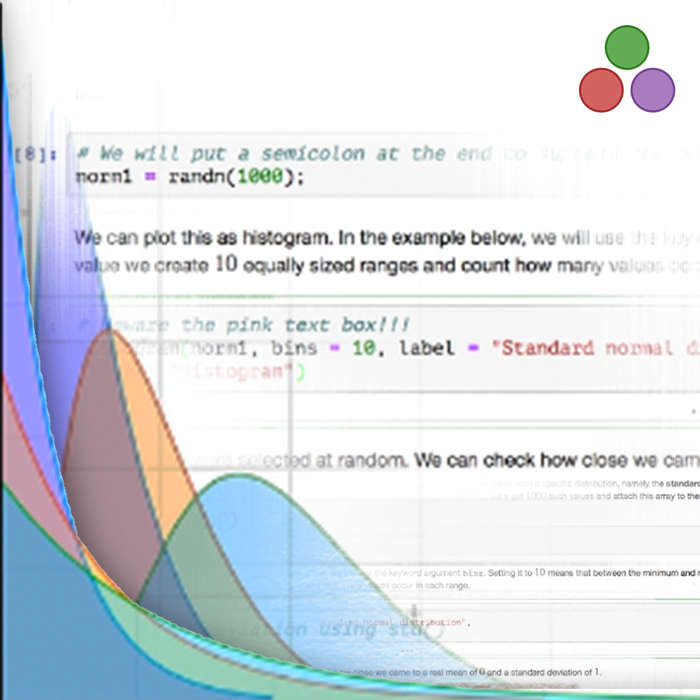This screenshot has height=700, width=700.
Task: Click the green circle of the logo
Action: (627, 47)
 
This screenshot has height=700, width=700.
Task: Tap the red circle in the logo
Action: (601, 90)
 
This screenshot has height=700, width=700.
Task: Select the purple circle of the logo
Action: (653, 90)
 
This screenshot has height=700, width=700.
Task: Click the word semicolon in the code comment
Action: (313, 154)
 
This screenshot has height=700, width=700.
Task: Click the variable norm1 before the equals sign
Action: (104, 176)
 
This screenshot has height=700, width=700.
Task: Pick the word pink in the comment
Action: (249, 325)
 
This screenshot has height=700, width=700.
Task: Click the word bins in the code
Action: (293, 349)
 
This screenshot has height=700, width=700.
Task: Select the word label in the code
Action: (426, 349)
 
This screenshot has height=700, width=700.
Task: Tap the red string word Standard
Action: (548, 349)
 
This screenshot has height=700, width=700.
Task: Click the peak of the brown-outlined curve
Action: (109, 331)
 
